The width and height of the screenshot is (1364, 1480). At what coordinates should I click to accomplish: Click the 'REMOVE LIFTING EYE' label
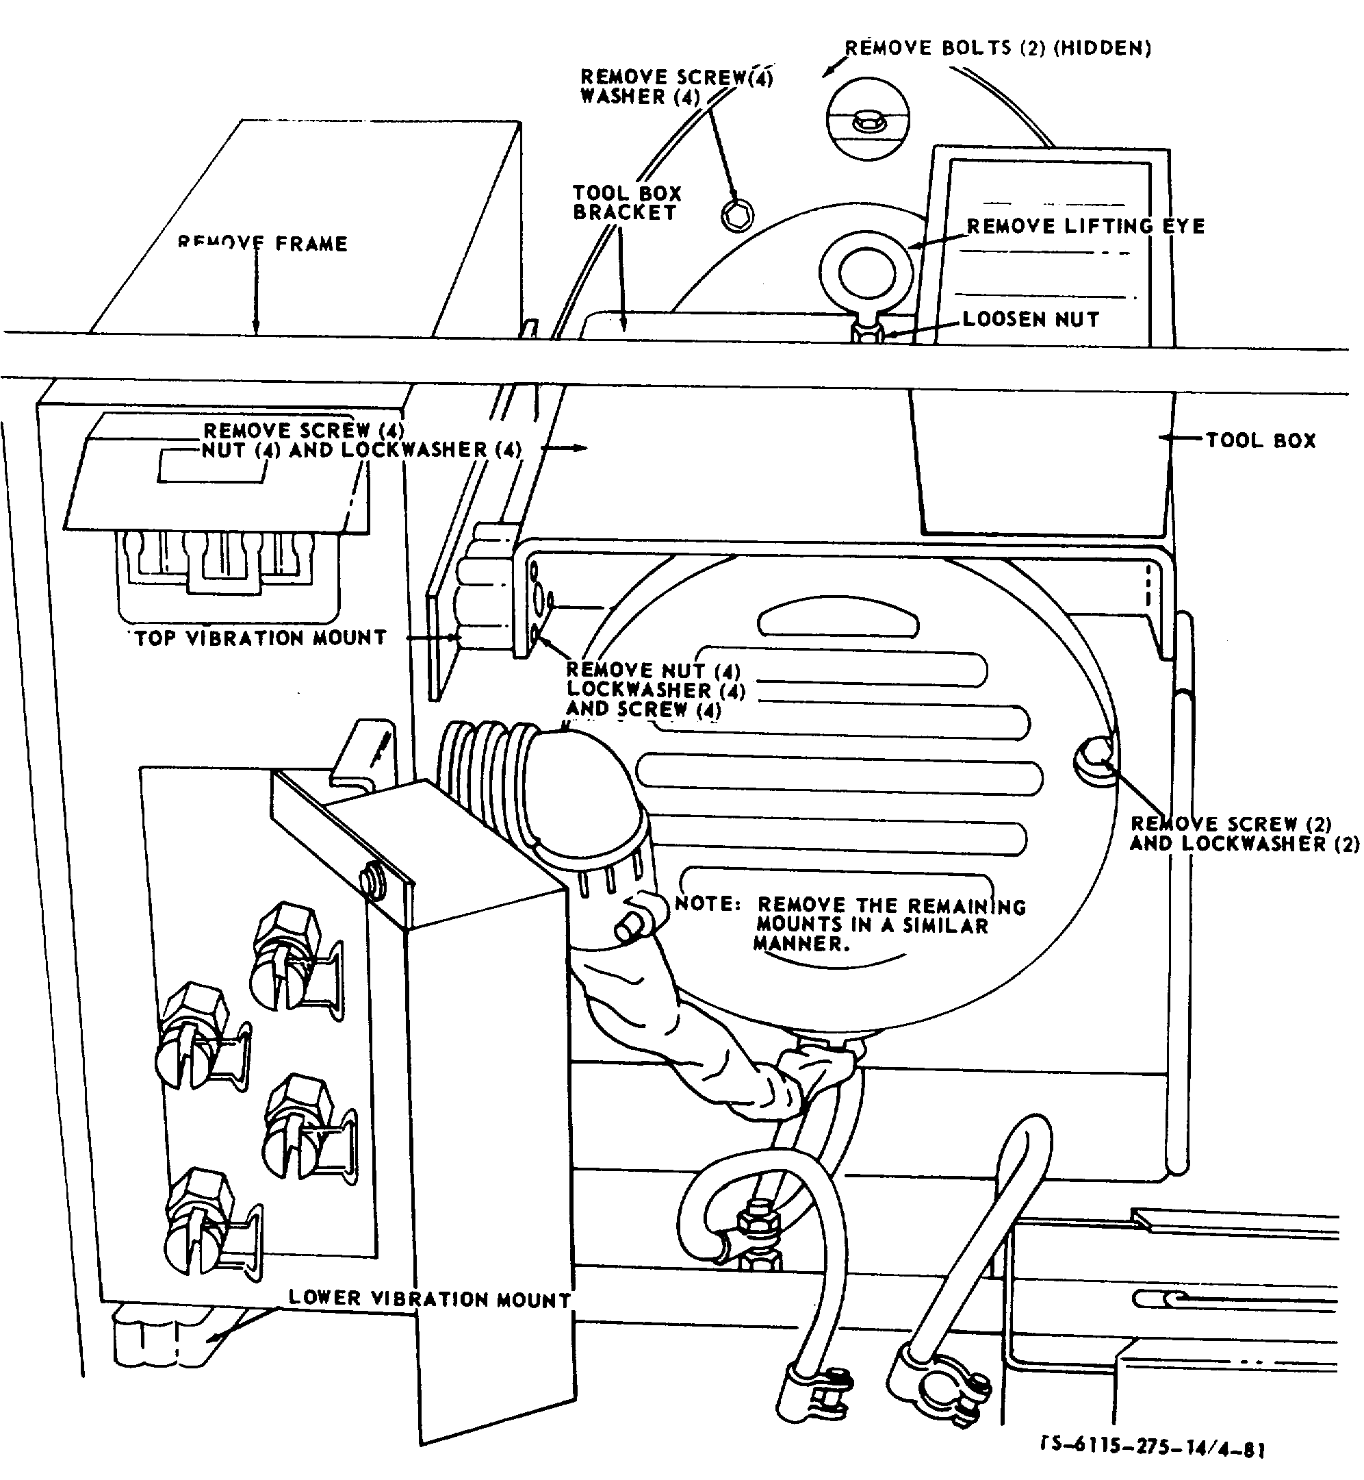coord(1085,226)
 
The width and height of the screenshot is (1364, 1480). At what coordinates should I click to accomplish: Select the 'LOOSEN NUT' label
coord(1031,319)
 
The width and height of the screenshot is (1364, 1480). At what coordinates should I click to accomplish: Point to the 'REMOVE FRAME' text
coord(262,243)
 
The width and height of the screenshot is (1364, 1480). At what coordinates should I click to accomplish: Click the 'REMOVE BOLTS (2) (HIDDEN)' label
coord(998,49)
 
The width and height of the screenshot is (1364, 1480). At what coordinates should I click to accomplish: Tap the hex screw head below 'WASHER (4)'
coord(736,214)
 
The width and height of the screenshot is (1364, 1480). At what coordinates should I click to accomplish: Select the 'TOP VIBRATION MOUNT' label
coord(261,638)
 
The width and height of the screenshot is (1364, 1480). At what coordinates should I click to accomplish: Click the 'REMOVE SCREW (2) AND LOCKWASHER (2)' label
coord(1244,833)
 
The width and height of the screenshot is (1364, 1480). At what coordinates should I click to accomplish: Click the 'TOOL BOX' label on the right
coord(1261,441)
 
